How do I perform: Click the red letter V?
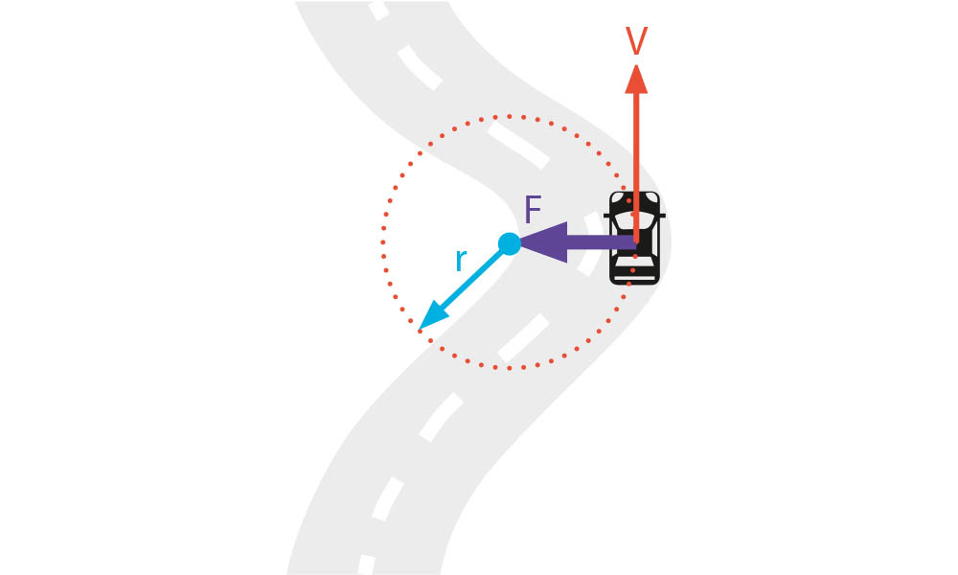(x=636, y=41)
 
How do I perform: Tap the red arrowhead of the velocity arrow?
(x=636, y=80)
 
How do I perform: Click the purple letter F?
(x=533, y=210)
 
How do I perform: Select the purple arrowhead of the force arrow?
(x=544, y=242)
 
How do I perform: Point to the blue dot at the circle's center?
(x=509, y=243)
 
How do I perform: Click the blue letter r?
(x=462, y=261)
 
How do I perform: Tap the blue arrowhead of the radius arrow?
(x=434, y=315)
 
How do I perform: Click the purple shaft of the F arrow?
(x=602, y=242)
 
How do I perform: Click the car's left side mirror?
(x=607, y=216)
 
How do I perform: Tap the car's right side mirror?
(x=662, y=216)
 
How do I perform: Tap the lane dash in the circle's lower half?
(x=523, y=337)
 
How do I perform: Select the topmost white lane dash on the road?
(x=378, y=10)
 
